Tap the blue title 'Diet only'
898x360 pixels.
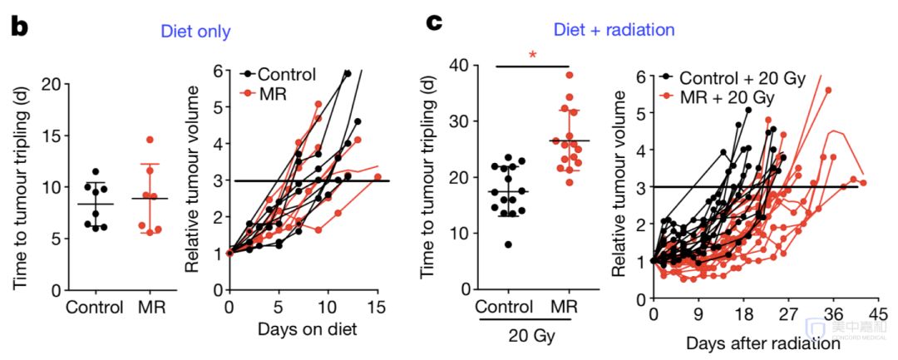(196, 32)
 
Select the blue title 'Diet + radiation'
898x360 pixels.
(615, 30)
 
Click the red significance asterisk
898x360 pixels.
(533, 56)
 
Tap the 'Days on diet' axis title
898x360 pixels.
(308, 329)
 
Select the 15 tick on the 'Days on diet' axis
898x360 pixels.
(377, 307)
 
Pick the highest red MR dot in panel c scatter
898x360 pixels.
(570, 75)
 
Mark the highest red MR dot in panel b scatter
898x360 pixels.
(149, 140)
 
